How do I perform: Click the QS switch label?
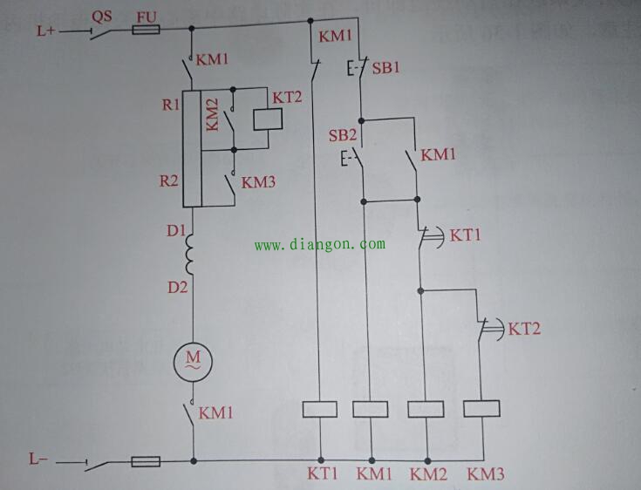click(102, 15)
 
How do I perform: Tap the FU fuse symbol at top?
click(146, 31)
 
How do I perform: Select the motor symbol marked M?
click(192, 358)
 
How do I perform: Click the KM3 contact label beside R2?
click(258, 183)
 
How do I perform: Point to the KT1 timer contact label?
click(465, 235)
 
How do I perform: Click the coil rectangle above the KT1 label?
click(319, 408)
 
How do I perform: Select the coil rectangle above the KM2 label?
click(427, 408)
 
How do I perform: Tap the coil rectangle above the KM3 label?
click(481, 408)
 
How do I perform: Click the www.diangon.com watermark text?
click(319, 245)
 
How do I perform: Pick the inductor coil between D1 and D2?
click(192, 257)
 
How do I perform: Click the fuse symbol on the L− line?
click(146, 460)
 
